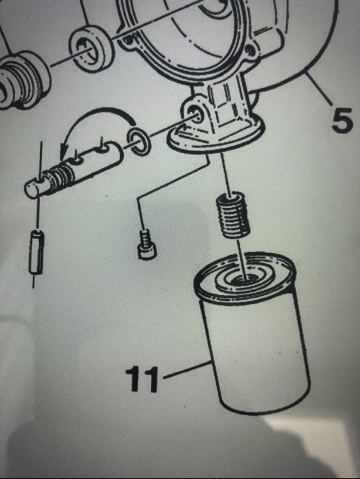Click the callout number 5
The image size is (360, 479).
coord(342,120)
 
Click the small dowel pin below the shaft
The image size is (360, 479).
coord(36,251)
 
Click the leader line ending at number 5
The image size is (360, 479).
coord(319,90)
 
